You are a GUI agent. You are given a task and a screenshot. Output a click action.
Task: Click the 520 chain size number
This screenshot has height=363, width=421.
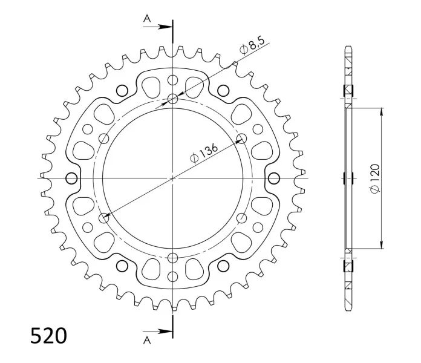click(48, 336)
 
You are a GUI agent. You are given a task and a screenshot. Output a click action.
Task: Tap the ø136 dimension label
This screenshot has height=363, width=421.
click(204, 154)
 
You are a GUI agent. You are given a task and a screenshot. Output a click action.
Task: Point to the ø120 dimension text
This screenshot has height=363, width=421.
click(375, 178)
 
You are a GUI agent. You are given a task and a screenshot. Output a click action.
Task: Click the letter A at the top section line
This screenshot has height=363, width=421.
click(147, 19)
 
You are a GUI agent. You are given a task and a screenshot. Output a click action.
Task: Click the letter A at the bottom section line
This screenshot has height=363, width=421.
click(147, 341)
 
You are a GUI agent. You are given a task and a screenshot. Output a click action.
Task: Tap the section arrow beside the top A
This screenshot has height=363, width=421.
click(157, 27)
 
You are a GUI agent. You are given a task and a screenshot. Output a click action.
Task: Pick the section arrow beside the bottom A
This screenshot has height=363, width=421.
click(157, 332)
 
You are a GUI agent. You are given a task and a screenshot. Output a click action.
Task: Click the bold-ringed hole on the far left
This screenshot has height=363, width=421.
click(72, 178)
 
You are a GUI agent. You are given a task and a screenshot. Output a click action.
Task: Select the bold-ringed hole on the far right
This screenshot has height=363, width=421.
click(274, 178)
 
